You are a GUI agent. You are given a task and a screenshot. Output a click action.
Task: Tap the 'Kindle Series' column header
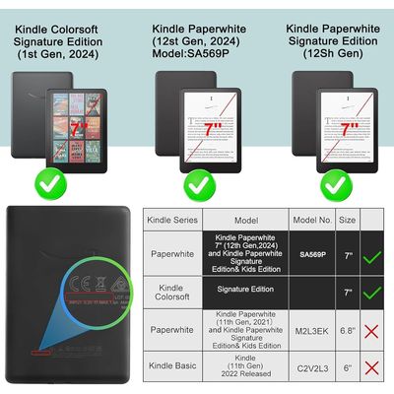[173, 221]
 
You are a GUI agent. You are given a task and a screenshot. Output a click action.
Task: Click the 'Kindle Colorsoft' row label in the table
[173, 293]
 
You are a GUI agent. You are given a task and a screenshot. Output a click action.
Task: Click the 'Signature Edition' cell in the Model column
[245, 293]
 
